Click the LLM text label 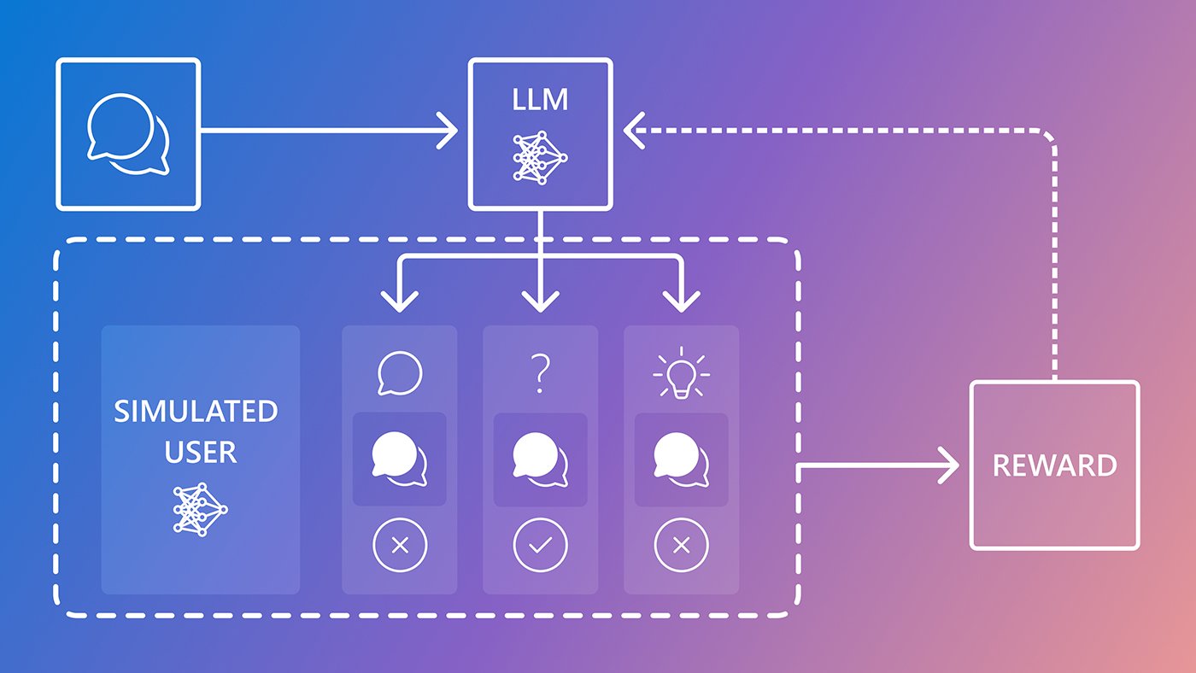click(540, 100)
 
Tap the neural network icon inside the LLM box click(540, 156)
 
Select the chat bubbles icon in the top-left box click(128, 134)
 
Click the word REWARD click(1054, 465)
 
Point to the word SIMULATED click(196, 411)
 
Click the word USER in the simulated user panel click(200, 451)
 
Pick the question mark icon click(539, 374)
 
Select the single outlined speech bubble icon click(400, 374)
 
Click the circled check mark click(540, 545)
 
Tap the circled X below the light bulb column click(681, 545)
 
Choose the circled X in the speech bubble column click(399, 545)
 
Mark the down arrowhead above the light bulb click(681, 301)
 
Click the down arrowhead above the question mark click(540, 301)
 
